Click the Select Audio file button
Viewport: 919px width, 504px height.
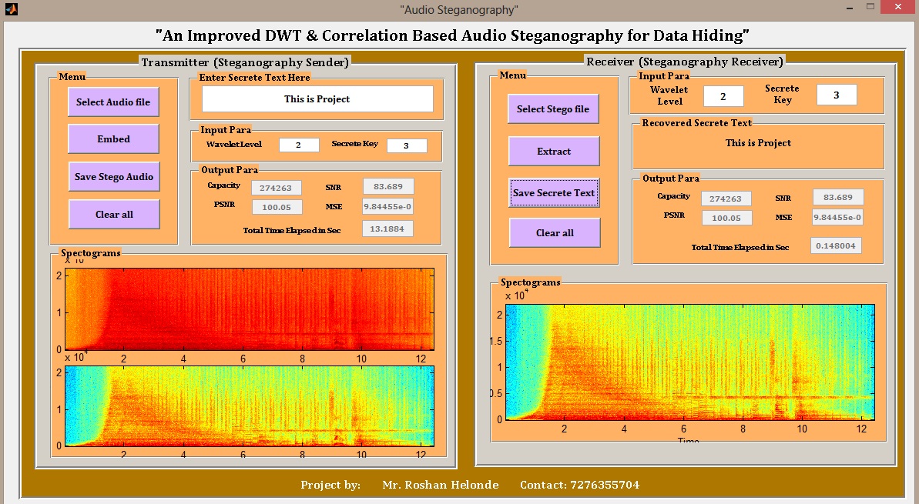coord(113,102)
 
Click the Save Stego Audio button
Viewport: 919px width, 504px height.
coord(113,177)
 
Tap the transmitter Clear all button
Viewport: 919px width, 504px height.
coord(113,215)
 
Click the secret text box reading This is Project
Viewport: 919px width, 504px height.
coord(317,99)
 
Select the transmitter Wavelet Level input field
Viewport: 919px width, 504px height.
coord(299,145)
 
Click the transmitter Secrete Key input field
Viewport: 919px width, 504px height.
coord(406,145)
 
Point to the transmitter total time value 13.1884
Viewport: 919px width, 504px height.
coord(388,229)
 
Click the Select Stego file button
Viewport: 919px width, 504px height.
coord(553,109)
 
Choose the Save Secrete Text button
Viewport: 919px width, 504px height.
coord(554,193)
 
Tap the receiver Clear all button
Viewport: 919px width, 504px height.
coord(554,233)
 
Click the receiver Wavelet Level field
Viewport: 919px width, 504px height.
coord(723,96)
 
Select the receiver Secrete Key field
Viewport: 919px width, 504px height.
coord(836,95)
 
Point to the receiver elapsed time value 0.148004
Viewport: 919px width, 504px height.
coord(836,245)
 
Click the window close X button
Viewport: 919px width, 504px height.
coord(898,7)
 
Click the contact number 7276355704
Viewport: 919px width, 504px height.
coord(605,485)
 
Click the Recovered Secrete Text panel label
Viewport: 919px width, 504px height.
coord(696,122)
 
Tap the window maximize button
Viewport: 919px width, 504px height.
coord(870,7)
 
